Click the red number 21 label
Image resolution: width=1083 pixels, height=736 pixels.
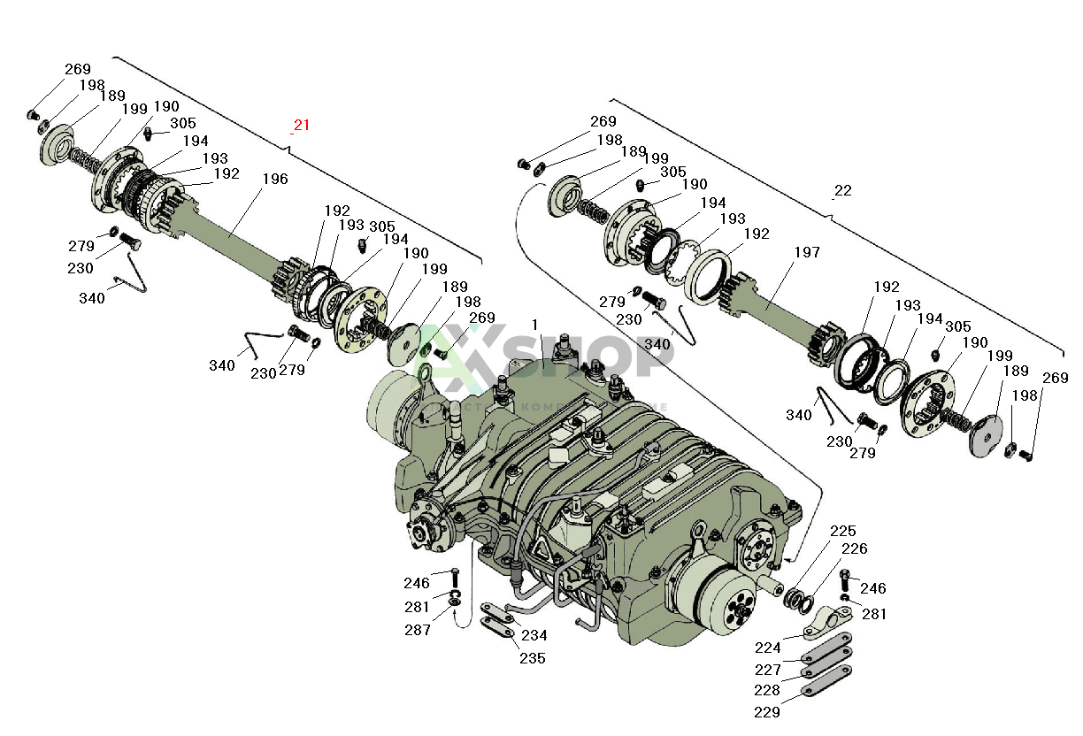coord(302,125)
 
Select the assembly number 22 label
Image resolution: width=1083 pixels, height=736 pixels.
coord(842,190)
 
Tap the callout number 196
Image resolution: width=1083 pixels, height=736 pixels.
coord(274,179)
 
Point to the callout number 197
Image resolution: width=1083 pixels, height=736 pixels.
coord(807,253)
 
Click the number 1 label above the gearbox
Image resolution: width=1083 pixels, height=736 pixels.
coord(534,325)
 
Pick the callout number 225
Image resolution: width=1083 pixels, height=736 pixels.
coord(842,531)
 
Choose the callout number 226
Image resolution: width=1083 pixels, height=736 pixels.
coord(854,548)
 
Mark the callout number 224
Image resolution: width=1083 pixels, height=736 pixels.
coord(767,648)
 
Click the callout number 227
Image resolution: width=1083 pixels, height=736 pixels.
coord(767,670)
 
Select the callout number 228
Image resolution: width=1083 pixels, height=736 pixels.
coord(767,690)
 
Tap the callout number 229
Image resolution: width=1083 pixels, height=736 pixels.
coord(767,711)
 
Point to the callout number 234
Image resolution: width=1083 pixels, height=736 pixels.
coord(534,635)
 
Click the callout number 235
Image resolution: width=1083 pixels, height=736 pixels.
coord(532,658)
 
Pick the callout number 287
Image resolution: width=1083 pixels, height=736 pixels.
coord(417,630)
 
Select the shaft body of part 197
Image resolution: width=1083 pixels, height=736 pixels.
coord(779,310)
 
